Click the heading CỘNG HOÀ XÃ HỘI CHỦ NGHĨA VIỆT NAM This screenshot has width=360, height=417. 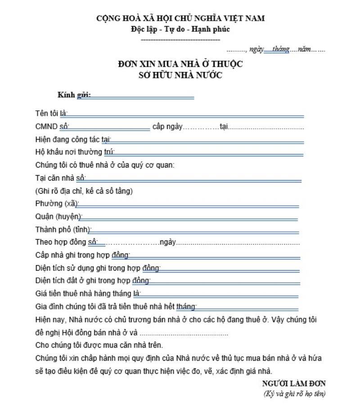click(180, 18)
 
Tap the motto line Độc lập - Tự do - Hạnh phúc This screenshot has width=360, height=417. click(180, 29)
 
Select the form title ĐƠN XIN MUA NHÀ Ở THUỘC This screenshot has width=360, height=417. click(180, 64)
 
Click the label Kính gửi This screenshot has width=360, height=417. click(74, 95)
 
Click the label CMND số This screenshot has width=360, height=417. click(52, 127)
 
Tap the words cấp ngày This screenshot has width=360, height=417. click(167, 127)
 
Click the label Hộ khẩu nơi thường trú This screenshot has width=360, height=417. click(75, 152)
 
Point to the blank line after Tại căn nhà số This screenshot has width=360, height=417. click(193, 180)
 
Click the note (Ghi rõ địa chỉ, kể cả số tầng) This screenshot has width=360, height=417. click(84, 191)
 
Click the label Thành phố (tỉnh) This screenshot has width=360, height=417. click(63, 229)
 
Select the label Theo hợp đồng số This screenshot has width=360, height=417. click(66, 242)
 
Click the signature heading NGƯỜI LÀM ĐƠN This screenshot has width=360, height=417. click(294, 384)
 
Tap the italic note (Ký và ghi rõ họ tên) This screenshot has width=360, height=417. click(294, 394)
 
